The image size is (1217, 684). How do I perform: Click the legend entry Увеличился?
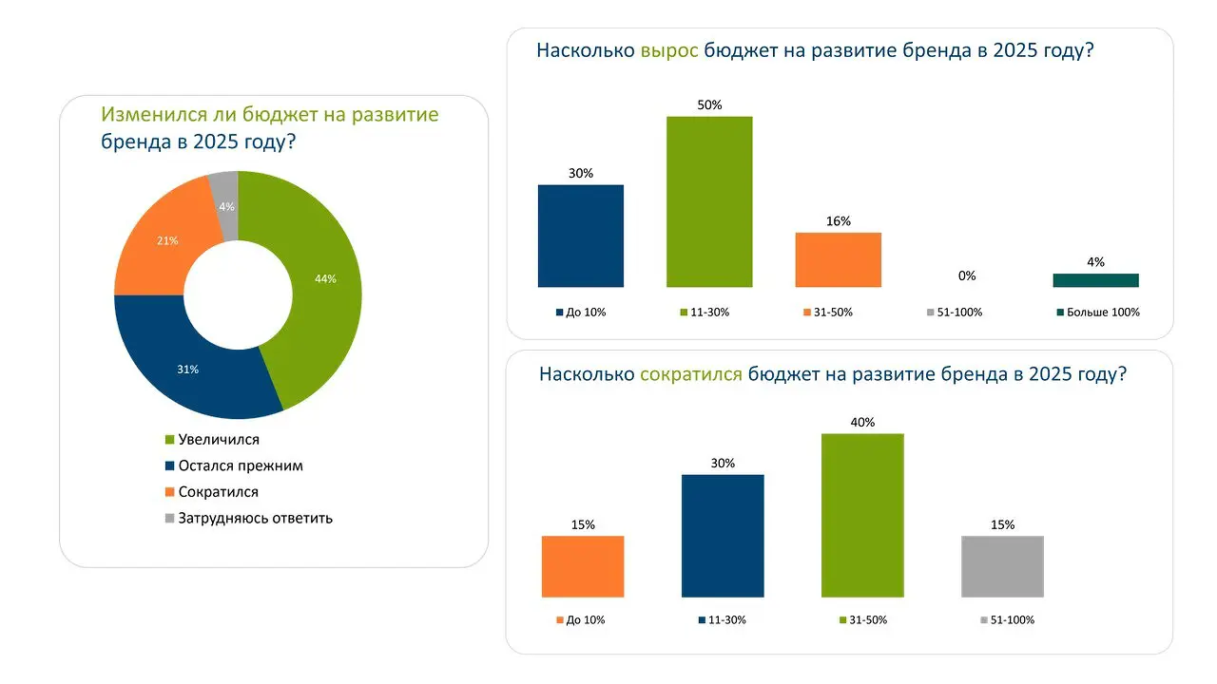tap(218, 440)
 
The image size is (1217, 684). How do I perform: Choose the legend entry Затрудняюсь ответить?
tap(255, 519)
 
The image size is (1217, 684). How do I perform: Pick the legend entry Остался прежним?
tap(240, 466)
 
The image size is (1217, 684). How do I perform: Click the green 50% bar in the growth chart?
tap(709, 201)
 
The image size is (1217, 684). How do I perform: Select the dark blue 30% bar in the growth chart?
tap(581, 236)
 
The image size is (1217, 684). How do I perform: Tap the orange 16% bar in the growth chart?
tap(839, 259)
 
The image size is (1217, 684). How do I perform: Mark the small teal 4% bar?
tap(1095, 280)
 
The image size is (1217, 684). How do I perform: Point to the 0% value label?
tap(967, 276)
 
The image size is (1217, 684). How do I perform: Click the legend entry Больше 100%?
tap(1102, 313)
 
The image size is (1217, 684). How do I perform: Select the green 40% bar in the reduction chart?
tap(862, 515)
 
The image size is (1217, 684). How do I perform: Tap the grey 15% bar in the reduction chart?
tap(1002, 566)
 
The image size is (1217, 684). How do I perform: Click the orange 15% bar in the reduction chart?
tap(583, 566)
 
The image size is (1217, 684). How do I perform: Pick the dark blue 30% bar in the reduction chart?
tap(723, 536)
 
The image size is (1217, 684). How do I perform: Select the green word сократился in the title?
tap(691, 374)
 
